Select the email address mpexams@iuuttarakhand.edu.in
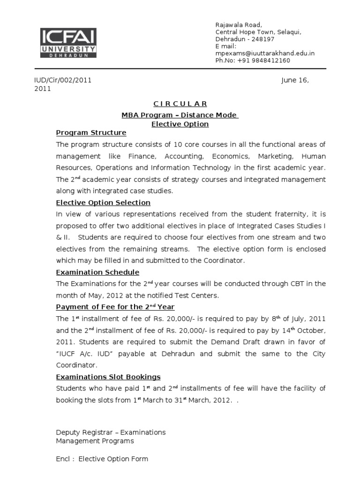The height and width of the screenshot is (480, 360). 265,53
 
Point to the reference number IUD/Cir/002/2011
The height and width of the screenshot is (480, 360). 62,80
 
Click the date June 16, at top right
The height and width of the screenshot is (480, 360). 295,80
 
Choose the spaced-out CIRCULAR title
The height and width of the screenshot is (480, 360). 180,104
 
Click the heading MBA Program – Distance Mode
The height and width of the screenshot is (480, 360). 180,115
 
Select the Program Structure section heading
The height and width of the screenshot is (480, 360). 91,133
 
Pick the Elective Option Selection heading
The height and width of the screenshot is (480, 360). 103,202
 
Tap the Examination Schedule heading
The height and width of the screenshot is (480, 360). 97,272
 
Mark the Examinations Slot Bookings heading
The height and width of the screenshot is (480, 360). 108,377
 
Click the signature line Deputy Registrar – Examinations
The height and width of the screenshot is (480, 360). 111,432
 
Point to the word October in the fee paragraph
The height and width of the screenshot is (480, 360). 311,330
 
